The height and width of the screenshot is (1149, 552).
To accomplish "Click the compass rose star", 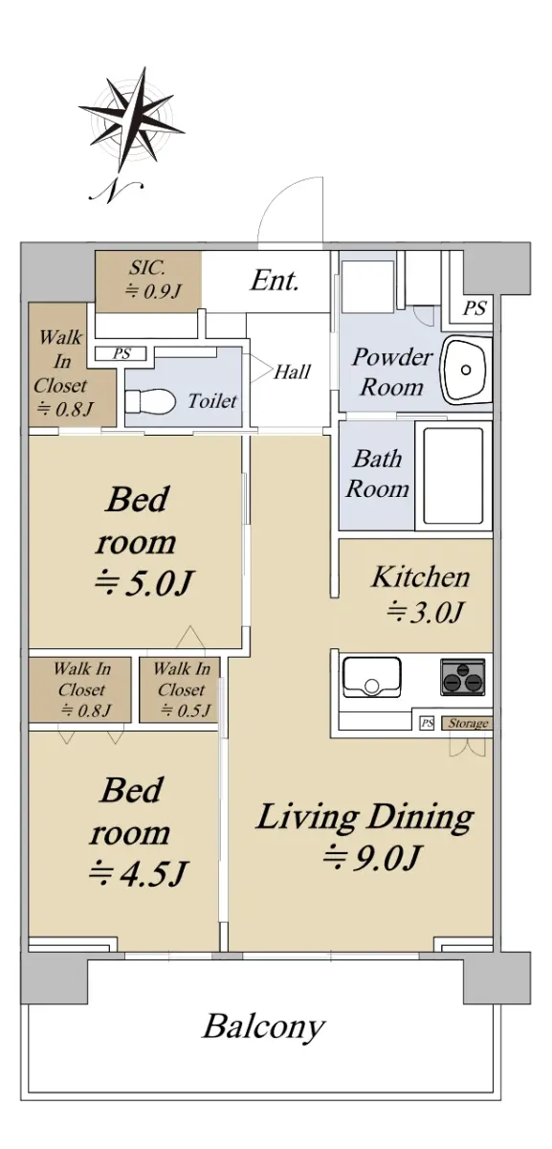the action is point(132,122).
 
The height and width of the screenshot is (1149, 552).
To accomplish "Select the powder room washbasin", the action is point(466,370).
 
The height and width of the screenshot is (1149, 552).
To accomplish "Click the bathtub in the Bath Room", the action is point(453,476).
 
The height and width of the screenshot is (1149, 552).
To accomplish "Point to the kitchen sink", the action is point(371,677).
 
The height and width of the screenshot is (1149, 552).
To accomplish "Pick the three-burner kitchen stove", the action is point(463,677).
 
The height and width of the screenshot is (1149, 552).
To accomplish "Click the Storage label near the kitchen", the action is point(468,723).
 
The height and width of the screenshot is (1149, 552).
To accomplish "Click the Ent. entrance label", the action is point(275,281).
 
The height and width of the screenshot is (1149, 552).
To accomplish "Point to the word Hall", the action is point(292,372).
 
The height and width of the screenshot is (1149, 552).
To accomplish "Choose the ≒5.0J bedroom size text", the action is point(144,583).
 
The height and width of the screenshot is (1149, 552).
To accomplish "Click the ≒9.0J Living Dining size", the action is point(372,857).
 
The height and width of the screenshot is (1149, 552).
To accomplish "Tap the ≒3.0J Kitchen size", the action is point(426,612).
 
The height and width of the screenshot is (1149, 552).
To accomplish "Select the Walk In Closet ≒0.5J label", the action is point(182,689).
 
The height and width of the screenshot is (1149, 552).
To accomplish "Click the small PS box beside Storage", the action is point(427,723).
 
